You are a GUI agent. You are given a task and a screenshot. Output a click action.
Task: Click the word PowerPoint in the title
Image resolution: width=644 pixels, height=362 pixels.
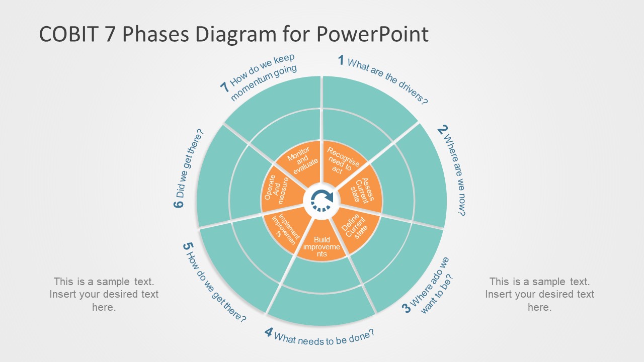(372, 34)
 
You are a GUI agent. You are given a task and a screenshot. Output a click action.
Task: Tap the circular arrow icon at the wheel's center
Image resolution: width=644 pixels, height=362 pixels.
(322, 200)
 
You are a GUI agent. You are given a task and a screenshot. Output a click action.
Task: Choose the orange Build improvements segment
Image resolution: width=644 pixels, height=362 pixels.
(322, 245)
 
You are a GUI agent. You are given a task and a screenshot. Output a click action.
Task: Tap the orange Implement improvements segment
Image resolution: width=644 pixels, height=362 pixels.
(284, 228)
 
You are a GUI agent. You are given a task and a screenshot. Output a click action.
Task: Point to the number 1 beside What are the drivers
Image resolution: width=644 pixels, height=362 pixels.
(341, 61)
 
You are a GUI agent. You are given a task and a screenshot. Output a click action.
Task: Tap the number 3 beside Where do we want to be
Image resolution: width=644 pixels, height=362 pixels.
(407, 308)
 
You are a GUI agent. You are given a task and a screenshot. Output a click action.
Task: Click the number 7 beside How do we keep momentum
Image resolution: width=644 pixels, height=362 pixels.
(225, 86)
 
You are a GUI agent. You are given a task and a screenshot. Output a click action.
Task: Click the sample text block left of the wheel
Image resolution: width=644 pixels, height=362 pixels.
(104, 294)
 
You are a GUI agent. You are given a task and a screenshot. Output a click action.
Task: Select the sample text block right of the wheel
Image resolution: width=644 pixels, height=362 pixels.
(539, 294)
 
